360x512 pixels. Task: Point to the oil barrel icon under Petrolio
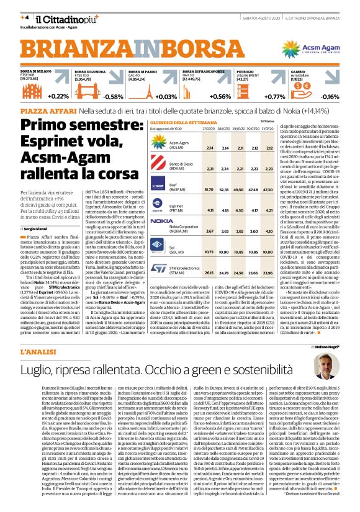pyautogui.click(x=261, y=91)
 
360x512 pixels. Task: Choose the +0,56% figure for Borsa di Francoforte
pyautogui.click(x=220, y=97)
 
